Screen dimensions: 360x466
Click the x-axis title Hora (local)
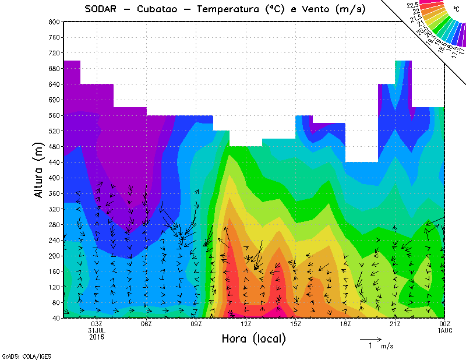[253, 338]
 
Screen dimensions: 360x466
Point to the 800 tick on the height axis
[54, 22]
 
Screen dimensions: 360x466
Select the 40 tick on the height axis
[55, 318]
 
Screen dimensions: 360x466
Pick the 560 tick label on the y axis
[54, 115]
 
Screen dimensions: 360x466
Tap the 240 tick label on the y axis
[54, 240]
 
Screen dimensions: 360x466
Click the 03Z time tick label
[97, 324]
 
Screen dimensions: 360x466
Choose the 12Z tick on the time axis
[246, 324]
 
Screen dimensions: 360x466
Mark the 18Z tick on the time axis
[345, 324]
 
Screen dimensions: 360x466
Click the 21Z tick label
[396, 324]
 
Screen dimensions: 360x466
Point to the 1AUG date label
[445, 330]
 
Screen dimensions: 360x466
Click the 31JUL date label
[97, 330]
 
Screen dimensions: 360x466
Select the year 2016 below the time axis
[97, 337]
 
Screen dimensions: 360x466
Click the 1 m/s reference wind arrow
[370, 338]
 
